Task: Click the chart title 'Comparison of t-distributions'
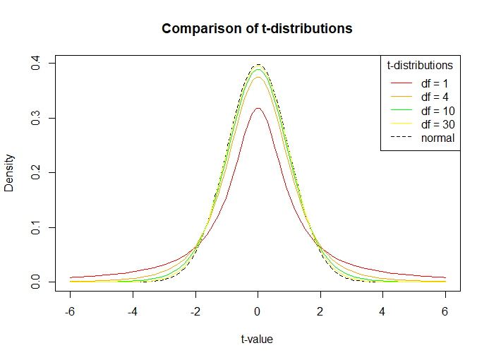click(257, 29)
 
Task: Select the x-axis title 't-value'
click(257, 339)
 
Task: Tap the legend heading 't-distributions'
click(420, 66)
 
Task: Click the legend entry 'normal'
click(437, 138)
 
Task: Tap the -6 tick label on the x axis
click(69, 311)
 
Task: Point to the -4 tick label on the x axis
click(132, 311)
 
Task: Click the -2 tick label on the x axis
click(195, 311)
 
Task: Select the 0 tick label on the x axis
click(258, 311)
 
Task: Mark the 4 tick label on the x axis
click(383, 311)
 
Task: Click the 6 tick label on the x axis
click(445, 311)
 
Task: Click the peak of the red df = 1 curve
click(258, 108)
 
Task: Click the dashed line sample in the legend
click(401, 138)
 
